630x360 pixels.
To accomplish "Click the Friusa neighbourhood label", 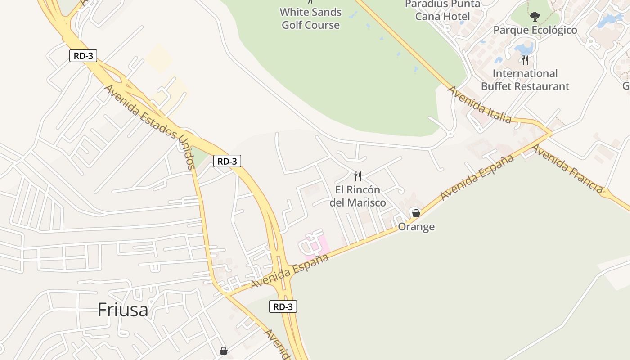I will [123, 310].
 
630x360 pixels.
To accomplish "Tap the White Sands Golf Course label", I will [310, 18].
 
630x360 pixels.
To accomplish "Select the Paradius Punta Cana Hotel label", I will [443, 10].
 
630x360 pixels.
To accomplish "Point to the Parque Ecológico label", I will [535, 30].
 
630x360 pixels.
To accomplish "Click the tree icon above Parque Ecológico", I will [535, 17].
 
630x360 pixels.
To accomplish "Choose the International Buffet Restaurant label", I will [525, 80].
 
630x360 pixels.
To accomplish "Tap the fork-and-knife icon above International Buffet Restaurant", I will [525, 60].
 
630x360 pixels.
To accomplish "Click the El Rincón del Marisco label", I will [358, 196].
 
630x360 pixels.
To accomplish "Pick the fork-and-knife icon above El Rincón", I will [358, 176].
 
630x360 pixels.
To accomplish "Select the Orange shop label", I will [416, 227].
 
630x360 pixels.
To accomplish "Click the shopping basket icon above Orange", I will [416, 213].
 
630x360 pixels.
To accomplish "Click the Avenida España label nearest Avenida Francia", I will [477, 177].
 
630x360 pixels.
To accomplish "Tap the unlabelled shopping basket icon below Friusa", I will [224, 351].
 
